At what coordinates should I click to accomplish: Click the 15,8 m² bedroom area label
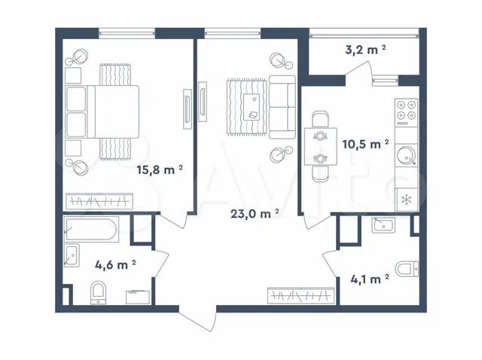point(160,169)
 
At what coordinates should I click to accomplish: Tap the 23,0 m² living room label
point(255,214)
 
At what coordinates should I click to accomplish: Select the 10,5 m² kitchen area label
point(366,144)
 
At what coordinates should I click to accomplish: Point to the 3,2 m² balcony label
point(365,50)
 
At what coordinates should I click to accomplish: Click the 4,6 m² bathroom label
point(115,264)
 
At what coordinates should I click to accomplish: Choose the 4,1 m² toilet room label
point(370,279)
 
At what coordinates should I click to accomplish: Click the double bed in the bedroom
point(102,111)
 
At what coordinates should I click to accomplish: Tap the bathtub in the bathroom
point(90,229)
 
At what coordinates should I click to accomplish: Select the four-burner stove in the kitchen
point(407,113)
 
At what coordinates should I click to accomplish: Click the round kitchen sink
point(407,156)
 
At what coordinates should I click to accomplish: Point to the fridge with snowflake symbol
point(407,200)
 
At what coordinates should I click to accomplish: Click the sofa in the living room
point(282,107)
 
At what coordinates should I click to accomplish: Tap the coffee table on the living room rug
point(252,107)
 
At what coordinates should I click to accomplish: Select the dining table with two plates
point(321,147)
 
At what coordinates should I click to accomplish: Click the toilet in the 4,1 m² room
point(407,270)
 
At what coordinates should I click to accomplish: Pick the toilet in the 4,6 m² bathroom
point(99,293)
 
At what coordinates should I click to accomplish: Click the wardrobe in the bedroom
point(99,201)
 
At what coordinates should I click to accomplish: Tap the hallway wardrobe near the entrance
point(301,296)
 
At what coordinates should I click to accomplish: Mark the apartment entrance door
point(197,318)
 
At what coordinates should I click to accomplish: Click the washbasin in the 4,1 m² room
point(383,225)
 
